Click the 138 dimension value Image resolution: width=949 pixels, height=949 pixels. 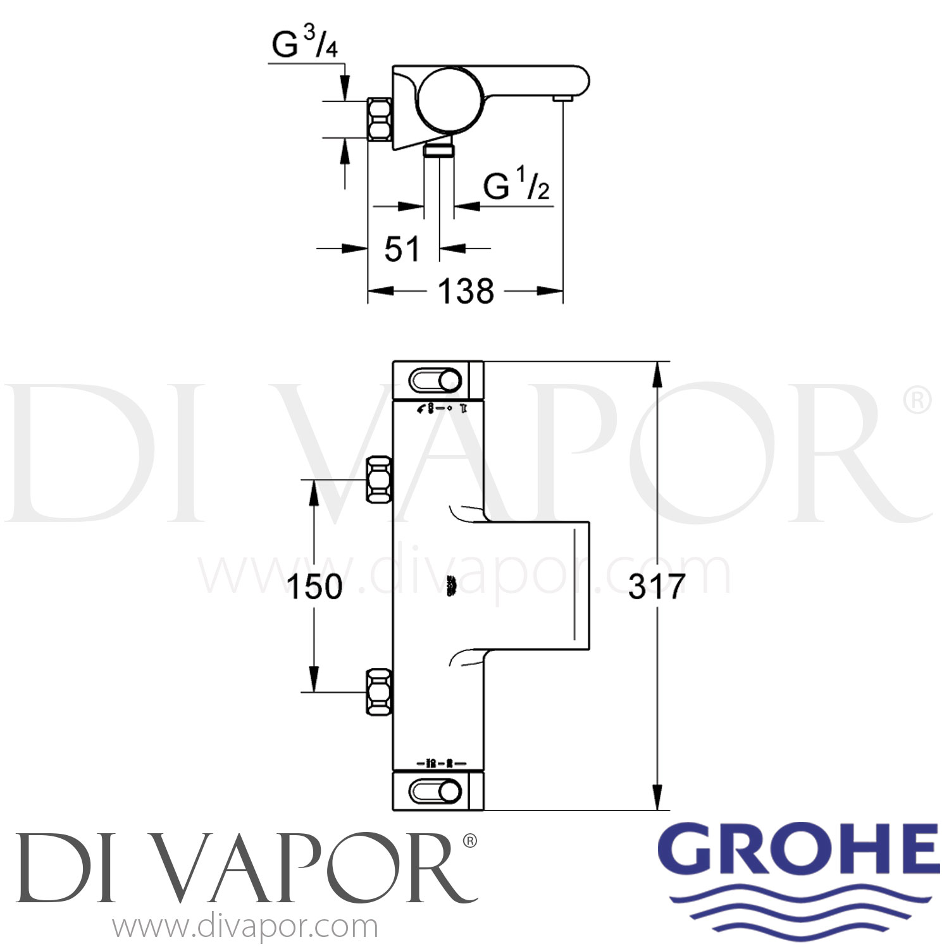[466, 292]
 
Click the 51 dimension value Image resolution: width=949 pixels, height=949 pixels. [402, 249]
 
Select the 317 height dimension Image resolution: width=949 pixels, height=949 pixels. [656, 586]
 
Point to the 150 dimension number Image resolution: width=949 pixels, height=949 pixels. [314, 586]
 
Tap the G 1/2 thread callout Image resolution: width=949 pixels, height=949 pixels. [516, 186]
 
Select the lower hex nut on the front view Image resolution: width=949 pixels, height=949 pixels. [379, 692]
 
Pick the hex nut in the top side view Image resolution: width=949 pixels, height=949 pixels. [379, 119]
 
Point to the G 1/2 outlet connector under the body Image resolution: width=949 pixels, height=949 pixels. [438, 150]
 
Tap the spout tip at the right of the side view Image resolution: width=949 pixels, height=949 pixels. [562, 98]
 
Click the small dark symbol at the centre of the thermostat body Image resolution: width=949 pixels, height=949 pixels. [451, 586]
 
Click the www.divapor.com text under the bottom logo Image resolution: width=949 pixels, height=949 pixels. [245, 927]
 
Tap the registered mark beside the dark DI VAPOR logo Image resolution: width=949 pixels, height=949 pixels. [470, 841]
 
